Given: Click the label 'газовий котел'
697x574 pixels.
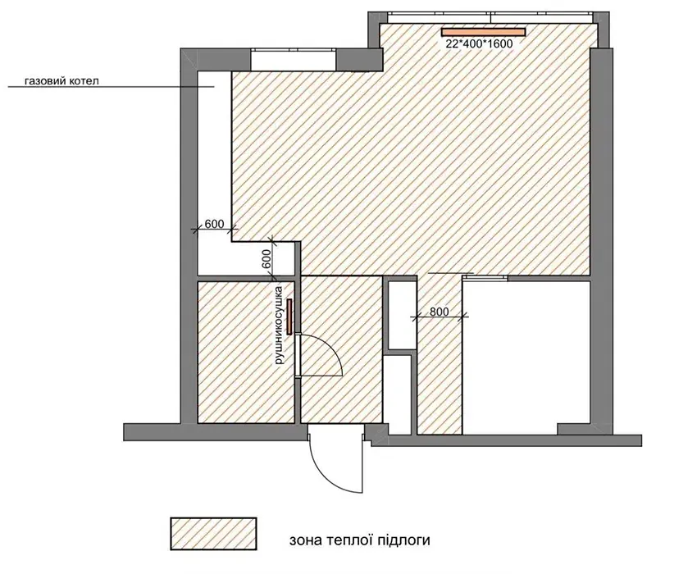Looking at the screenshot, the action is click(x=61, y=81).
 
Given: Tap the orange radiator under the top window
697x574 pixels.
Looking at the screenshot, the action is click(x=483, y=32).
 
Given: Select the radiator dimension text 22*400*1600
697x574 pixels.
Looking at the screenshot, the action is click(x=479, y=43).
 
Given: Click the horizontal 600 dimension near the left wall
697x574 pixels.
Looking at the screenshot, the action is click(x=214, y=224).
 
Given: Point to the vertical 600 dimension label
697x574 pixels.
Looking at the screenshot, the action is click(x=266, y=259).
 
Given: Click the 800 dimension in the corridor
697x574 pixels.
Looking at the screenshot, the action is click(x=440, y=312).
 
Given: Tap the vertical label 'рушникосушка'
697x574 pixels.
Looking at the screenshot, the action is click(x=279, y=326).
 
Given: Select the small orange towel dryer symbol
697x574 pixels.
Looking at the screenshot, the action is click(x=289, y=317).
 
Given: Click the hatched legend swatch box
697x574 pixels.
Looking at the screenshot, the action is click(x=213, y=534).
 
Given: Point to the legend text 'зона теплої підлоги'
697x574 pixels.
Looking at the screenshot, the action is click(x=360, y=540).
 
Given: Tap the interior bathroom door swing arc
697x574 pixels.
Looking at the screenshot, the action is click(x=331, y=351).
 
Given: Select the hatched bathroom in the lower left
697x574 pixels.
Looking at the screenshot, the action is click(x=246, y=352).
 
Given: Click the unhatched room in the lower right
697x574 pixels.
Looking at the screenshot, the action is click(x=526, y=357).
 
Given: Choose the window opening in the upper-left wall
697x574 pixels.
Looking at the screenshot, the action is click(x=294, y=60).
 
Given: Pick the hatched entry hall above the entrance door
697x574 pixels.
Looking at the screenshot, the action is click(x=341, y=349).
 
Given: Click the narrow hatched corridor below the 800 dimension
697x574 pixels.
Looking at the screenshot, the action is click(x=440, y=373).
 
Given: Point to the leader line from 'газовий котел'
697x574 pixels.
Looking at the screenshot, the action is click(x=112, y=87).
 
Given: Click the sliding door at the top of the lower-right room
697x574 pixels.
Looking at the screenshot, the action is click(x=485, y=278).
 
